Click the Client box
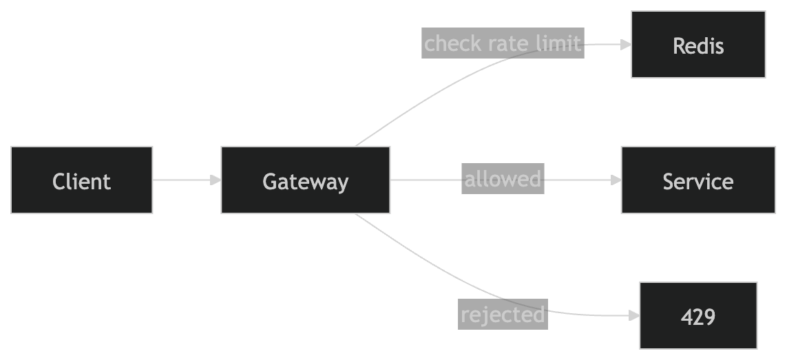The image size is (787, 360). click(82, 180)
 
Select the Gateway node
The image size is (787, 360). click(306, 180)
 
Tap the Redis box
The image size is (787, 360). click(698, 45)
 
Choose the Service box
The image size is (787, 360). click(698, 180)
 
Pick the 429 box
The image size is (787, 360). click(698, 315)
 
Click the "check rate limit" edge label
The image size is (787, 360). click(503, 43)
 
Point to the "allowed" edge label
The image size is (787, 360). click(503, 180)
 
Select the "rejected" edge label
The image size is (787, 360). click(503, 315)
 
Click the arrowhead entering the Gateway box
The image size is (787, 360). click(216, 180)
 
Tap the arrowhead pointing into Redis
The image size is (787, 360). click(626, 45)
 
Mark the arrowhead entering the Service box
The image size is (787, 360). click(616, 180)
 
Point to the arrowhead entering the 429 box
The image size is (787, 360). click(634, 316)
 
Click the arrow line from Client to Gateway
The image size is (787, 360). click(182, 180)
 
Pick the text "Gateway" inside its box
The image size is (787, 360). click(306, 182)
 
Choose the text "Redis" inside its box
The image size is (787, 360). click(698, 46)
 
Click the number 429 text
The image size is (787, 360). click(698, 317)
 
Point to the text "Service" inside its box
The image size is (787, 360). click(698, 182)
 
